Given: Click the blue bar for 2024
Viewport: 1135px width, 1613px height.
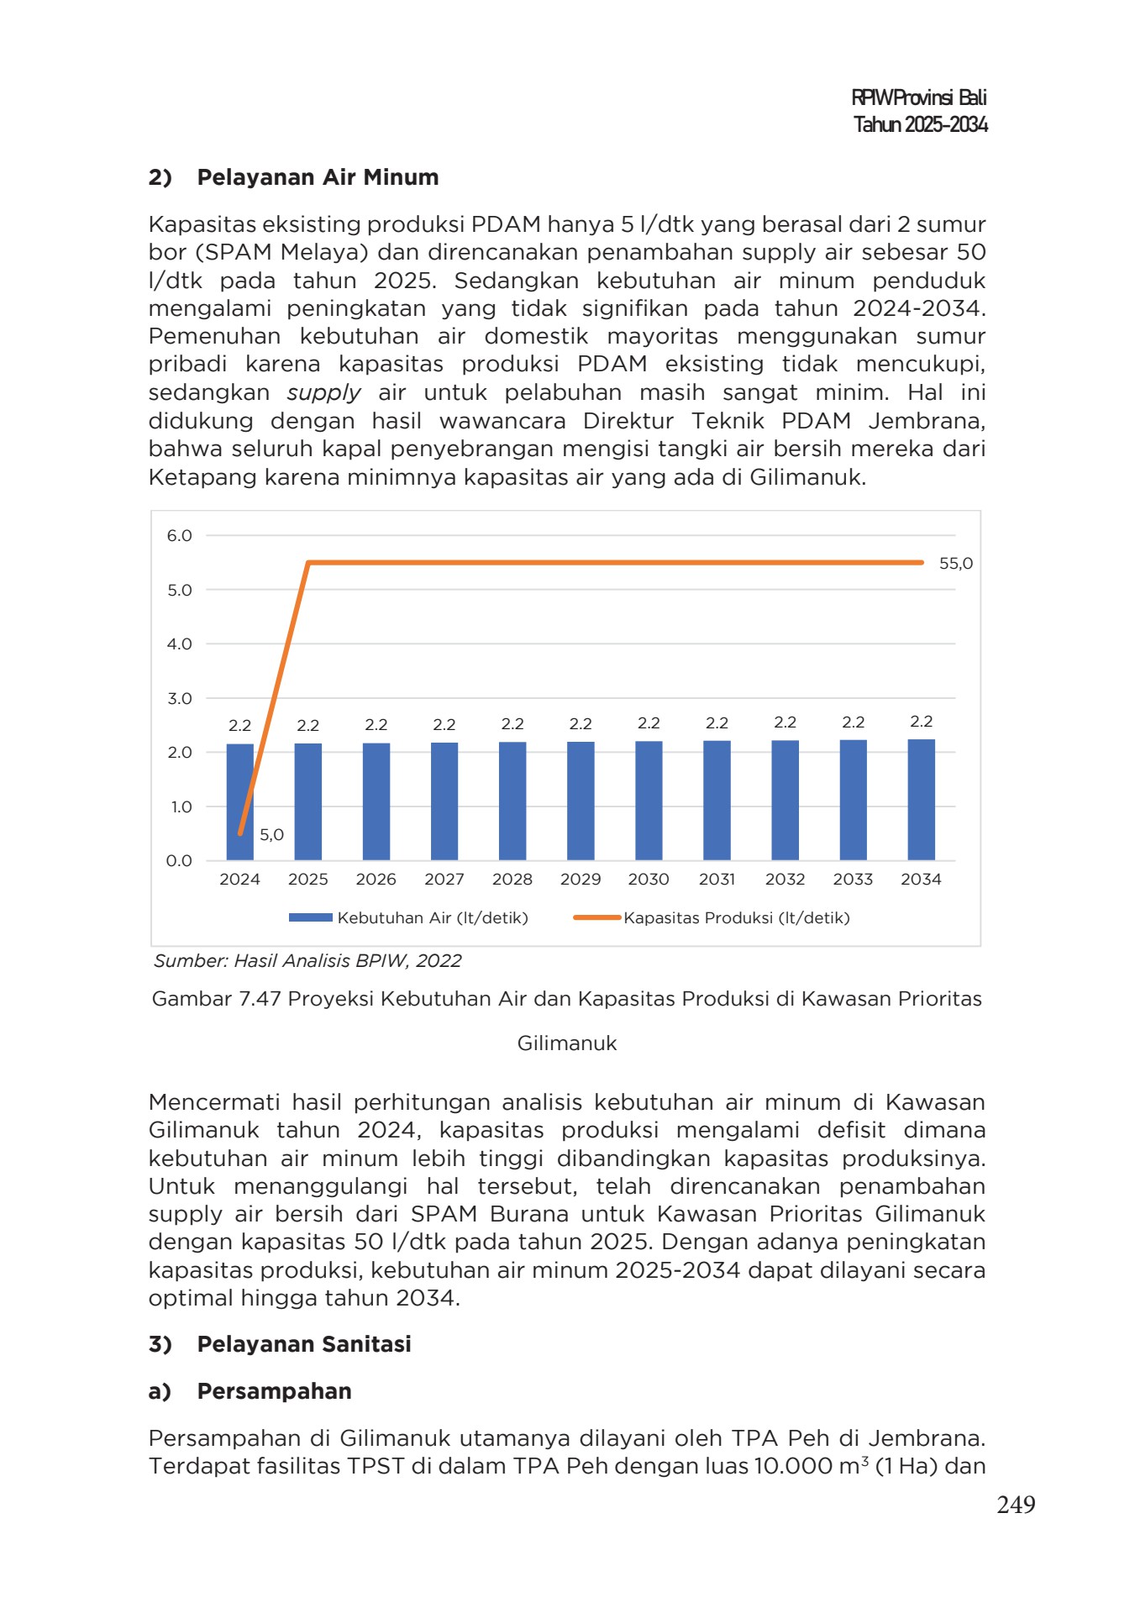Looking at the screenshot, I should (239, 802).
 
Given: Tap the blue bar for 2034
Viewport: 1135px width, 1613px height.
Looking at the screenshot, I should (921, 800).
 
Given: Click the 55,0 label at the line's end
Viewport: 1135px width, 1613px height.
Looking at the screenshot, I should (955, 564).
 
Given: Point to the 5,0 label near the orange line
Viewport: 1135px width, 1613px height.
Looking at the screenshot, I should (271, 835).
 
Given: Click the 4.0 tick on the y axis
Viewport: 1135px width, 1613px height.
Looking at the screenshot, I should (179, 644).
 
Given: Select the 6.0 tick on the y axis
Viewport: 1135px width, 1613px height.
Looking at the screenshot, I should (179, 536).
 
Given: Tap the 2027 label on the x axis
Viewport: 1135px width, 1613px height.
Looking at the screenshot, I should (444, 880).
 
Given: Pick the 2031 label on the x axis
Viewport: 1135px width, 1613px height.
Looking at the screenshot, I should (717, 880).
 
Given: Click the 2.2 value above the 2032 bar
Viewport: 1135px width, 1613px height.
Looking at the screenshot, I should (785, 722).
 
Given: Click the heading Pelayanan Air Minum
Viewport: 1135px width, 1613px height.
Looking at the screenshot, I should (318, 177).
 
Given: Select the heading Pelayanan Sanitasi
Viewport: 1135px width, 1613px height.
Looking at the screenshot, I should (303, 1344).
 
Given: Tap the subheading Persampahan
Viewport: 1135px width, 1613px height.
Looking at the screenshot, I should (274, 1391).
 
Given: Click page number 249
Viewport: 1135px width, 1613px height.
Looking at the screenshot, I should (1015, 1505).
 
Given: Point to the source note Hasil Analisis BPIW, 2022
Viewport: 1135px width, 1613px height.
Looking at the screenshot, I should (307, 961).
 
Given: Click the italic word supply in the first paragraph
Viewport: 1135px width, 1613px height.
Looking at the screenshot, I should (323, 393).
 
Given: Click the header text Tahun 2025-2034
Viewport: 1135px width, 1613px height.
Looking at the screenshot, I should (920, 125).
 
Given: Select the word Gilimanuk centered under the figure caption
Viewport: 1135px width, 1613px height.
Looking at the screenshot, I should (567, 1043).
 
